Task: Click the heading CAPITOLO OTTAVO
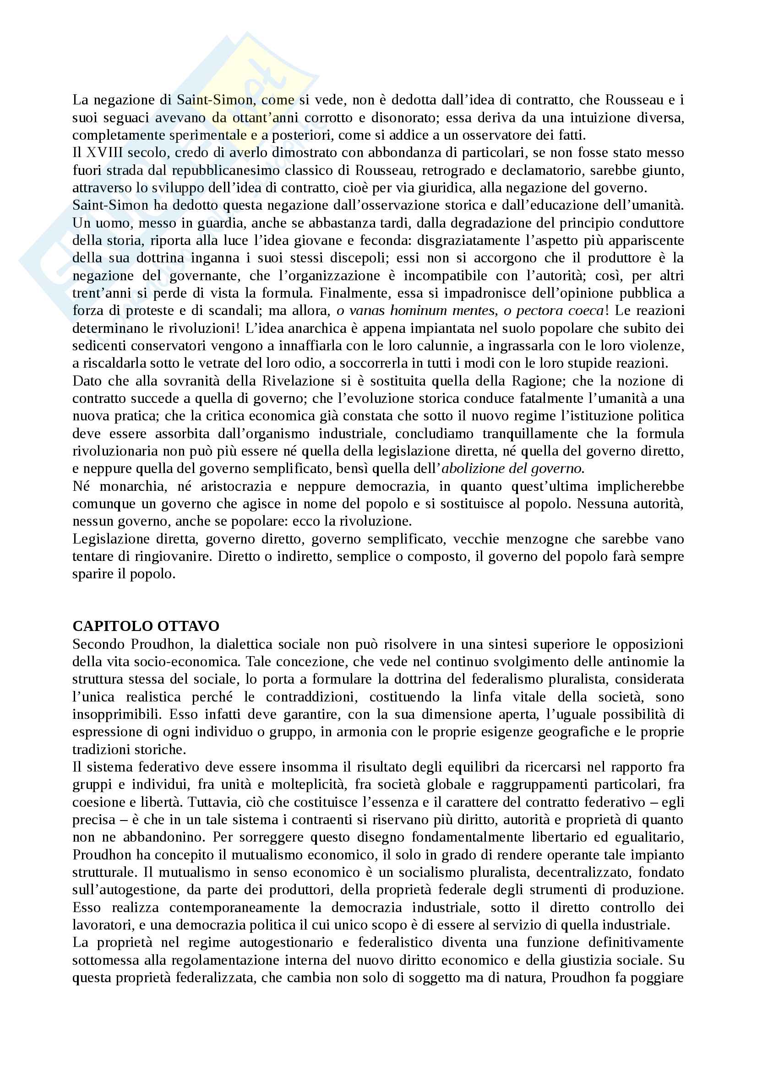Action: pyautogui.click(x=146, y=626)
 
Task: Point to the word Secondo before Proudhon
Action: pyautogui.click(x=99, y=644)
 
